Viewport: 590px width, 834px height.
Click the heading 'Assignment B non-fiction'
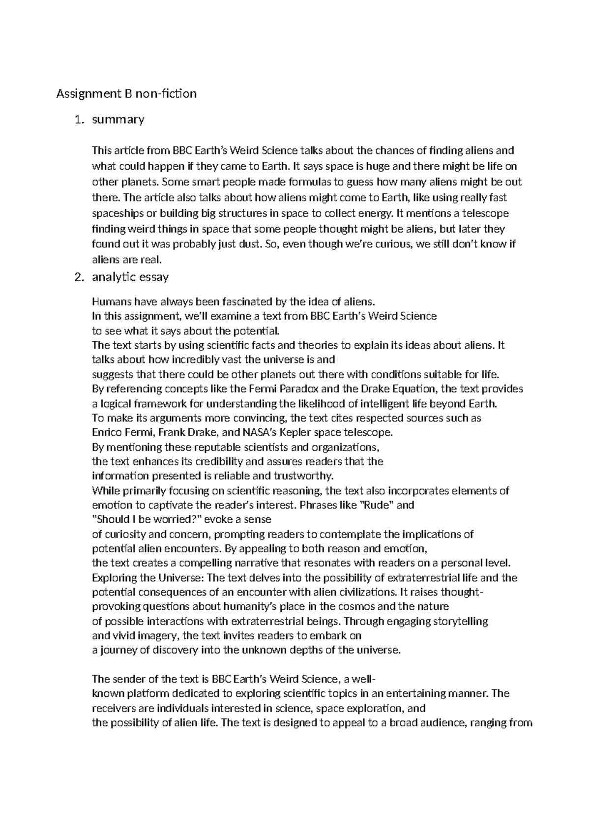click(126, 93)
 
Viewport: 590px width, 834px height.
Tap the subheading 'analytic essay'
click(130, 277)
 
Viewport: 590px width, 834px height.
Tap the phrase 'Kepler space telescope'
click(342, 433)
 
